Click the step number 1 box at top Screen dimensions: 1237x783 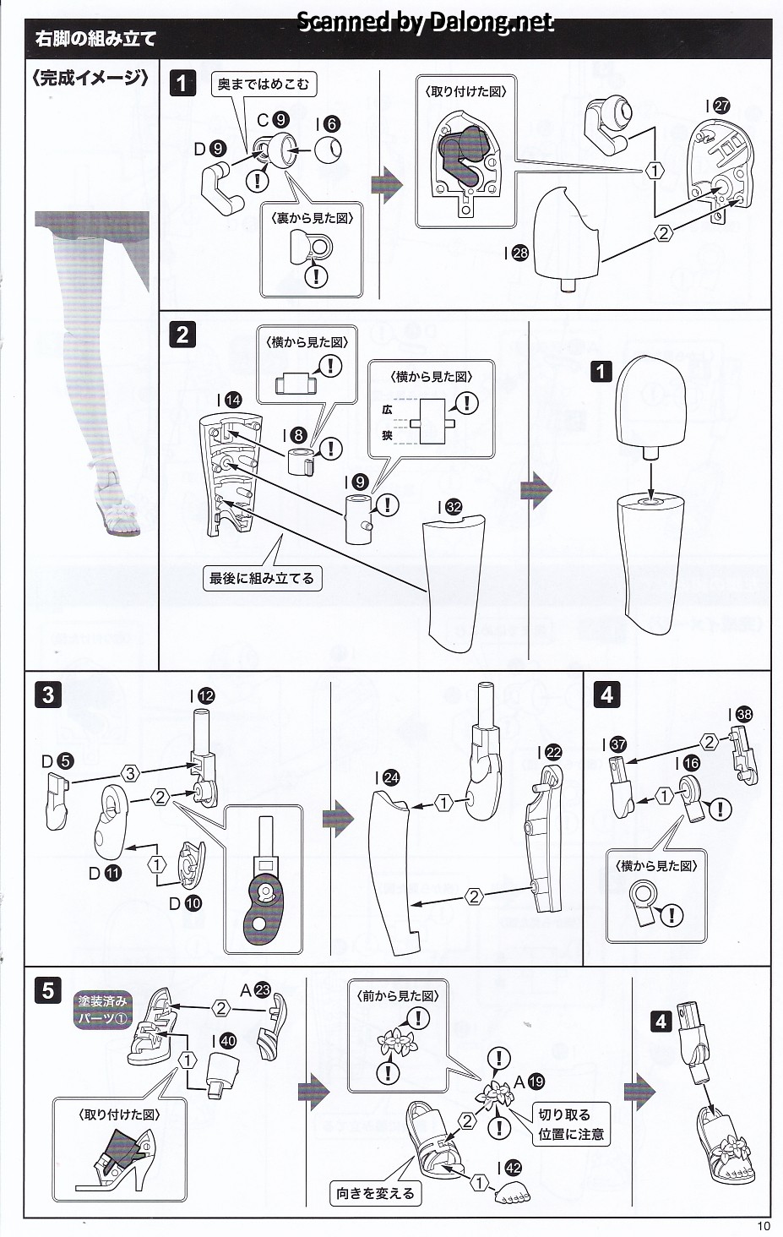[x=182, y=83]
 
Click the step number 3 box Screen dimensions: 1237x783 [x=48, y=695]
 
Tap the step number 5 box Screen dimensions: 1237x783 [x=48, y=989]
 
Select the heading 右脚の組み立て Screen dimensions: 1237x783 [x=95, y=38]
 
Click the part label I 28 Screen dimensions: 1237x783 [x=515, y=252]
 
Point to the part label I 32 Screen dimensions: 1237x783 [x=449, y=507]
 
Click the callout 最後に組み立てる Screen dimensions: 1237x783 [x=262, y=578]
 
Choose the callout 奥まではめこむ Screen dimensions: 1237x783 [x=263, y=84]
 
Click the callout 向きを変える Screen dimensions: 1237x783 [x=375, y=1193]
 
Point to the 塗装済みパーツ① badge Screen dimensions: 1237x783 [x=102, y=1009]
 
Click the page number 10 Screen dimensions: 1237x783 [x=764, y=1226]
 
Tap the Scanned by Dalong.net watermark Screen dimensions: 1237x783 [x=425, y=21]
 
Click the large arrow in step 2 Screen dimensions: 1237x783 [x=536, y=490]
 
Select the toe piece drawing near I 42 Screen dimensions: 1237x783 [x=508, y=1191]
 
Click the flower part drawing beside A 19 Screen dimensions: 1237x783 [x=492, y=1096]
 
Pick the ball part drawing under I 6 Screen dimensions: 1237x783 [x=329, y=150]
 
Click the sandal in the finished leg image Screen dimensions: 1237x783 [x=118, y=506]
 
